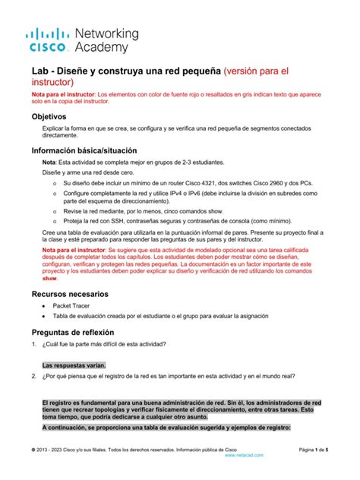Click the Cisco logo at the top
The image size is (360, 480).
48,40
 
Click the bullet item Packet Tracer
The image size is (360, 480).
71,306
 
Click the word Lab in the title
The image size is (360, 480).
42,71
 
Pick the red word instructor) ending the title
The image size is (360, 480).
57,82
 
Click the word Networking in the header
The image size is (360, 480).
106,34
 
